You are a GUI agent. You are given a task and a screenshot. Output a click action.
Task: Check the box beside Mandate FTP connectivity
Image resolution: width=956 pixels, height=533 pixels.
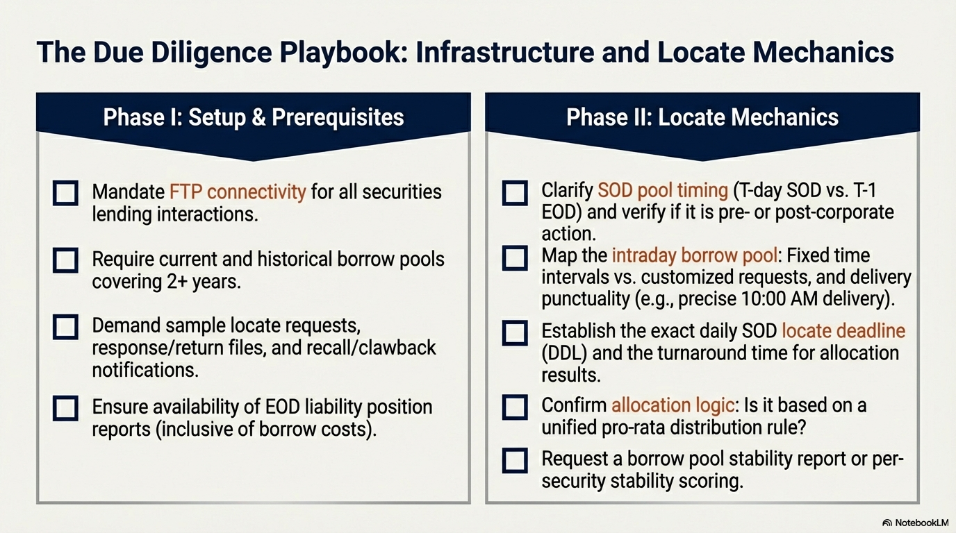(x=65, y=193)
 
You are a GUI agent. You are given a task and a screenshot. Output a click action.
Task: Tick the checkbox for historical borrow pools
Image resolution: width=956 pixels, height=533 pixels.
(x=65, y=260)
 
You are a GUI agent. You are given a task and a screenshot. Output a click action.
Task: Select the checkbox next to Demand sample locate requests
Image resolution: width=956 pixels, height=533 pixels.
(x=65, y=327)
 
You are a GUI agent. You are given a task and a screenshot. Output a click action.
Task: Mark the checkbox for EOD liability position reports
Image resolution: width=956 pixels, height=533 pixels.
(x=65, y=409)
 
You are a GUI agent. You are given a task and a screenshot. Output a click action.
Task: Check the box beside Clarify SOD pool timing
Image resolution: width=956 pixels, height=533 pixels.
(x=515, y=193)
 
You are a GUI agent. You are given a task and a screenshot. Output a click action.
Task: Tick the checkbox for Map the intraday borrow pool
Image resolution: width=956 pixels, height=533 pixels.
(x=515, y=258)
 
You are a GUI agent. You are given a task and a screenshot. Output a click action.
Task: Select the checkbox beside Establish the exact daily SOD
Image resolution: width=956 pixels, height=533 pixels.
(x=515, y=333)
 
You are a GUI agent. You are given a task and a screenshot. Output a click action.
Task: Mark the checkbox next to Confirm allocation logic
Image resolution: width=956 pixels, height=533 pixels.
(x=515, y=407)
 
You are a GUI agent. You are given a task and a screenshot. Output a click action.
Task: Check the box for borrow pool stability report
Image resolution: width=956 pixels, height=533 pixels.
(x=515, y=461)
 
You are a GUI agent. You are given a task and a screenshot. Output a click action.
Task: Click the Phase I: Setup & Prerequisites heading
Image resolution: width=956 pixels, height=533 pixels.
(x=254, y=117)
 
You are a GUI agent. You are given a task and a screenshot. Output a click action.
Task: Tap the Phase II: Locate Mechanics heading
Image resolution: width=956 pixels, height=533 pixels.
(x=702, y=117)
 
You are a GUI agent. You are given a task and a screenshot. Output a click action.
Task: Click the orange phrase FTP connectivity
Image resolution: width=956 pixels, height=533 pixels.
(x=238, y=192)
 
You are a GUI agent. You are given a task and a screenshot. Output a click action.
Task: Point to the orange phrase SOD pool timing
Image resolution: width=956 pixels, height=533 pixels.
(x=663, y=191)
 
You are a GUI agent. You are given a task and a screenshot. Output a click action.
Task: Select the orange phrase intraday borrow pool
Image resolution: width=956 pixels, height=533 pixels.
(x=695, y=256)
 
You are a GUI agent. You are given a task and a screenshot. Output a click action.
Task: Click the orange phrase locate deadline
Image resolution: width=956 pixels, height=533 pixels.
(x=843, y=331)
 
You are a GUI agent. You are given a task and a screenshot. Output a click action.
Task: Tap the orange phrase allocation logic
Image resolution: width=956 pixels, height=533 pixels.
(x=673, y=405)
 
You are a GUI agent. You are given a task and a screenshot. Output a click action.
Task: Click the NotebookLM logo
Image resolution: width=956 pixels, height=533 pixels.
(x=916, y=523)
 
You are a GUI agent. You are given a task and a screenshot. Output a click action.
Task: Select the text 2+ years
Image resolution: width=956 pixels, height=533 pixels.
(x=203, y=282)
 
